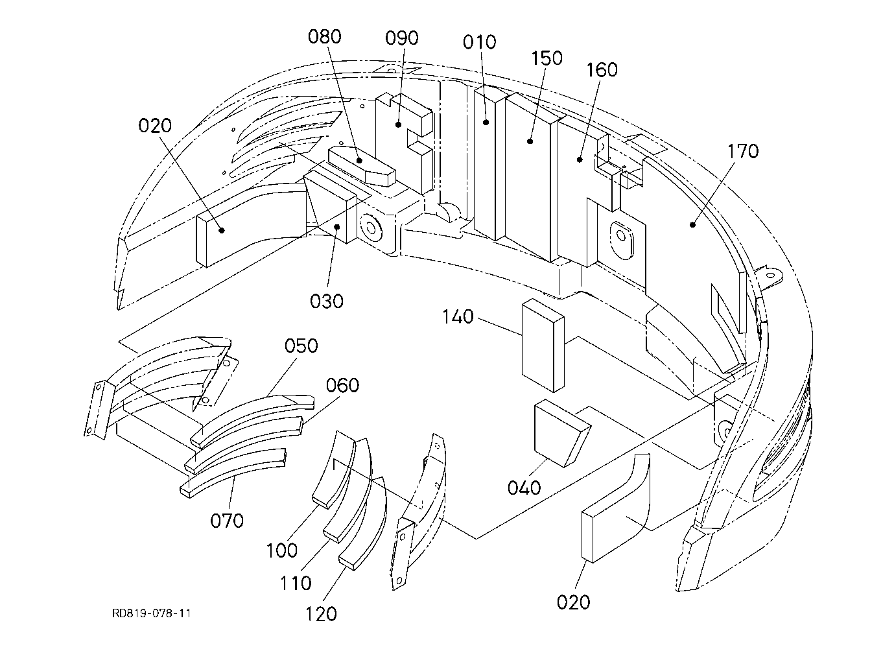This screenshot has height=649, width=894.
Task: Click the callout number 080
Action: tap(325, 37)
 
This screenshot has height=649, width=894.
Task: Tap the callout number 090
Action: tap(401, 38)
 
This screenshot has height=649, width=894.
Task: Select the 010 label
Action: tap(479, 42)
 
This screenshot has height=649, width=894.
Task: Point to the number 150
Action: tap(547, 58)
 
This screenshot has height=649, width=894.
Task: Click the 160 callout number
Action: tap(602, 70)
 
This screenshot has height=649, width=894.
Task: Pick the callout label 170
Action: tap(743, 152)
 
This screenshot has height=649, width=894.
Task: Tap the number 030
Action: tap(327, 301)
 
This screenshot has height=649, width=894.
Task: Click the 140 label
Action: tap(458, 316)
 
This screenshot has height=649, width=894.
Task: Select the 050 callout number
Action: tap(301, 346)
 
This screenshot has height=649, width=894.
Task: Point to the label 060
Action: tap(342, 385)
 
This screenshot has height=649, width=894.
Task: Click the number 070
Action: tap(227, 521)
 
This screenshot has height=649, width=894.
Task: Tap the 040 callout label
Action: tap(524, 488)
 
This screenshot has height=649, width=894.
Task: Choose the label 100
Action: tap(282, 551)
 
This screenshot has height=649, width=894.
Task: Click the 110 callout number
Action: tap(296, 584)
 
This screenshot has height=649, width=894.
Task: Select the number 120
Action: tap(321, 614)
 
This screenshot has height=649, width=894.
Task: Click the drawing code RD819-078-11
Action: tap(151, 613)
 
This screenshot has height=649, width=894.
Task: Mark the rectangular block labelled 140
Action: tap(543, 346)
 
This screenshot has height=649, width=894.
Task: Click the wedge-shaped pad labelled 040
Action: tap(562, 434)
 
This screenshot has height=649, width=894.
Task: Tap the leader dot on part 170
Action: tap(693, 225)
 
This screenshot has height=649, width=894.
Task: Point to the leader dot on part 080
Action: tap(359, 160)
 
